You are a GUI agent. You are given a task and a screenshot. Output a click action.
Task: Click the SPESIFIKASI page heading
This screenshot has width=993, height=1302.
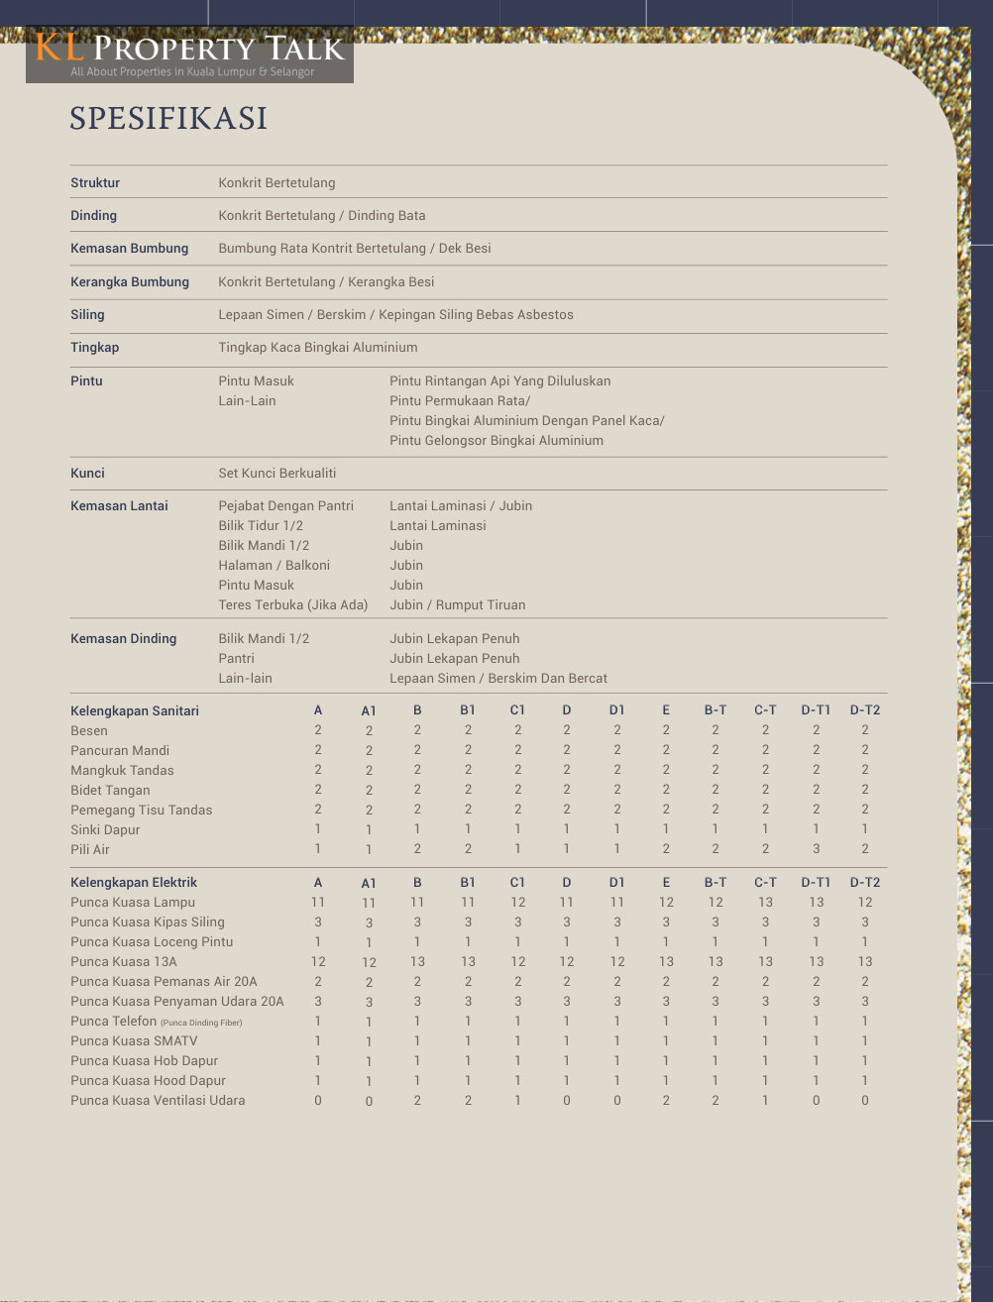pos(168,118)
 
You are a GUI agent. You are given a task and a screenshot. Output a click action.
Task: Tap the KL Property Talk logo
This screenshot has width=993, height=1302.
pos(189,54)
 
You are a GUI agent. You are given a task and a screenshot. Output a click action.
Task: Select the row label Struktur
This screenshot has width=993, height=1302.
pos(95,182)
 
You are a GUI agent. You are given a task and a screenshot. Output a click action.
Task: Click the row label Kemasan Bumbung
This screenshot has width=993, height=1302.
pos(129,248)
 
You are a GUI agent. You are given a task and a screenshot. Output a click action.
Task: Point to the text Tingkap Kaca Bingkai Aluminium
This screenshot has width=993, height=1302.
pos(318,347)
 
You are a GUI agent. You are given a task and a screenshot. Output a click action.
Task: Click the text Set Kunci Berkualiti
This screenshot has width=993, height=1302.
pos(277,473)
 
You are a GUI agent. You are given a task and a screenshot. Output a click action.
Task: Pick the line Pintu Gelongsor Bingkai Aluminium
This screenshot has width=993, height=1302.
pos(496,440)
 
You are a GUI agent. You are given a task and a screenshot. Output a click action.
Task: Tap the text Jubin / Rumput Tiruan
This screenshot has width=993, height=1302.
pos(458,604)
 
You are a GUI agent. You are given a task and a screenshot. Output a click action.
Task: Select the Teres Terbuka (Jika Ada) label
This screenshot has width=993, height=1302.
pos(293,604)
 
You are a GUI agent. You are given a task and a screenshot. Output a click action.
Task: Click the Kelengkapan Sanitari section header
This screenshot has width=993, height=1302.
pos(135,710)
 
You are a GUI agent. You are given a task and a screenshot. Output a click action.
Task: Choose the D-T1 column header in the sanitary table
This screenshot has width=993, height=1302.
pos(816,710)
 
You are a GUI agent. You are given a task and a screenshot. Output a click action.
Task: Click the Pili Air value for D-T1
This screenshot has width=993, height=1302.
pos(816,849)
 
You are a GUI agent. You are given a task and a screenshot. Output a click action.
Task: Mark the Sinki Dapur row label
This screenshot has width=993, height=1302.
pos(105,829)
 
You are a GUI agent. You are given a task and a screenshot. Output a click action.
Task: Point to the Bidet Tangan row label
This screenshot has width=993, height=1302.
pos(110,790)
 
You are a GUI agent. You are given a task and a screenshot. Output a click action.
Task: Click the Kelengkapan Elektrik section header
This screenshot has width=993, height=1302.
pos(134,882)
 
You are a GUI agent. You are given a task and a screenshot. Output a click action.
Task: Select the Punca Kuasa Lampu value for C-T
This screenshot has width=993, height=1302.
pos(765,902)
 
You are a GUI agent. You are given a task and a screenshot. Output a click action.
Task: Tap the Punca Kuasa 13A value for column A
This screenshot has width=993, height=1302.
pos(318,961)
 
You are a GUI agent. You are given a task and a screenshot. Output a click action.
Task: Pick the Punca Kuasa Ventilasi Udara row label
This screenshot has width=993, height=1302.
pos(158,1100)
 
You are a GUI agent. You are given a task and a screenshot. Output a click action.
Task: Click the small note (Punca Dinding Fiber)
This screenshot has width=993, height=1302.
pos(201,1022)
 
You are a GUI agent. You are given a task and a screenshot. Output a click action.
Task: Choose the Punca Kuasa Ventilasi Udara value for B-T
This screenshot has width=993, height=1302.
pos(716,1100)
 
